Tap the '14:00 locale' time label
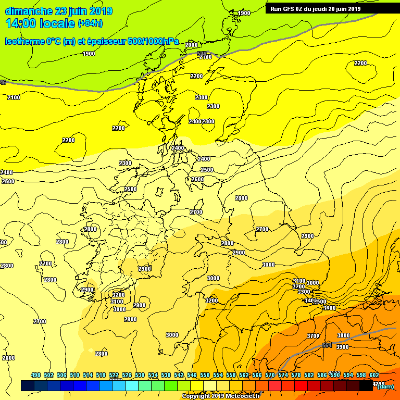click(40, 23)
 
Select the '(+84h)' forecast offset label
click(90, 23)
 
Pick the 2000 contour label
click(191, 45)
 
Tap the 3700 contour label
click(313, 336)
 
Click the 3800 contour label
click(343, 335)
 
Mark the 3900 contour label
click(342, 347)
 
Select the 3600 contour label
click(330, 308)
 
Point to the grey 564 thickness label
click(327, 345)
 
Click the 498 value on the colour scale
click(36, 375)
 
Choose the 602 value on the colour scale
click(374, 375)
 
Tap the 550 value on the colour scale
click(205, 375)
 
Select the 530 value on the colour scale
click(140, 375)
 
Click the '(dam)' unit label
click(385, 386)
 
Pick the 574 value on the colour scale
click(283, 375)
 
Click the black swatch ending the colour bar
click(366, 385)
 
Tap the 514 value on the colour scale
click(88, 375)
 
